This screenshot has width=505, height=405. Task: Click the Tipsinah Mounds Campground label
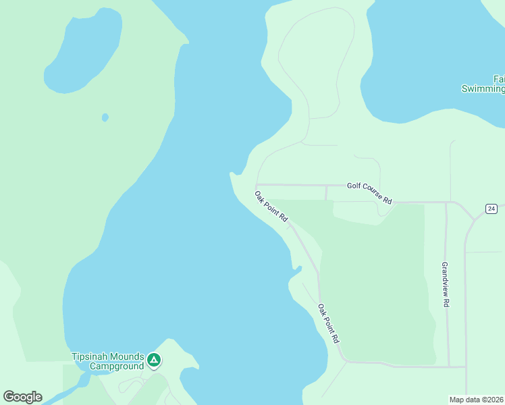(108, 361)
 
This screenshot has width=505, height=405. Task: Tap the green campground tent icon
(154, 360)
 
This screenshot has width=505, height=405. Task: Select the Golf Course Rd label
(369, 192)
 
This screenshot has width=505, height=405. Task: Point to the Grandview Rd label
(445, 285)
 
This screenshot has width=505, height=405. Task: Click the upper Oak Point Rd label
(271, 207)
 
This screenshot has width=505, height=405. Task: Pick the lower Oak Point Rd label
(328, 323)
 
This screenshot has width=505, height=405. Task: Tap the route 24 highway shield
(491, 209)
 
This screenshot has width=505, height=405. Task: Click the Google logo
(22, 397)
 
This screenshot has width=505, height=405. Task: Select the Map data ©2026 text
(476, 399)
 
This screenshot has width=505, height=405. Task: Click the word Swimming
(483, 88)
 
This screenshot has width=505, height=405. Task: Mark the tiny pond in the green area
(105, 117)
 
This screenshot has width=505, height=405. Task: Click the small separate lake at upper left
(84, 51)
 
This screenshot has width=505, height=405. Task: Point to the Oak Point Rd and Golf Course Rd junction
(257, 185)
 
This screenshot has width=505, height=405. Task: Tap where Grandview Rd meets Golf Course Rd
(446, 202)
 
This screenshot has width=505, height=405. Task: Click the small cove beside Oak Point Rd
(295, 271)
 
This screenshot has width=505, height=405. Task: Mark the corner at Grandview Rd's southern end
(466, 367)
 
